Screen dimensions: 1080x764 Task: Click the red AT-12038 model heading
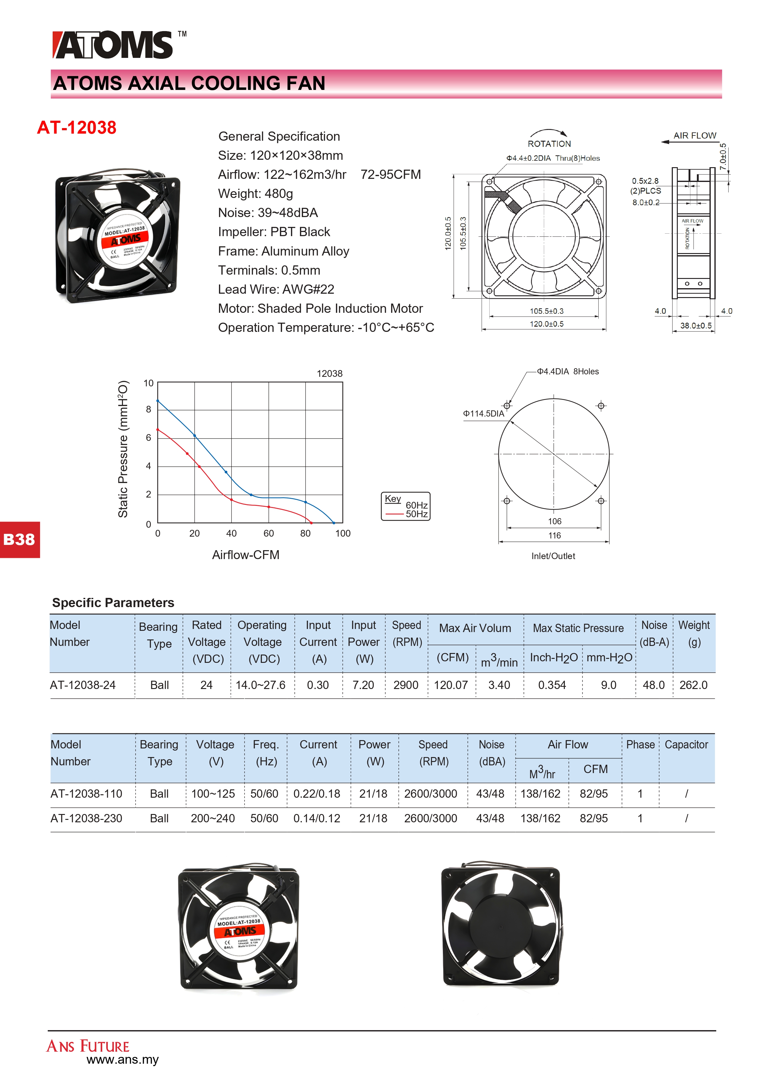point(77,127)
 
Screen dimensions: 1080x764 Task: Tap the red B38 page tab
point(19,539)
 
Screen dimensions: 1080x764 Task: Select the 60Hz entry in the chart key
point(416,505)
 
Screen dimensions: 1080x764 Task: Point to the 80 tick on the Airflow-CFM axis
point(305,534)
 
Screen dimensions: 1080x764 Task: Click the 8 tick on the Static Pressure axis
point(149,409)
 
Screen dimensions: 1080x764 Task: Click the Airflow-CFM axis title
point(245,555)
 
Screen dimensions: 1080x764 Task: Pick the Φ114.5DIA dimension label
point(483,413)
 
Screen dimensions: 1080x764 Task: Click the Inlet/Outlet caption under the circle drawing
point(553,556)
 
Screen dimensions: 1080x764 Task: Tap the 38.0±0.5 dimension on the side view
point(696,325)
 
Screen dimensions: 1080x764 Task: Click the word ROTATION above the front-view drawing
point(549,144)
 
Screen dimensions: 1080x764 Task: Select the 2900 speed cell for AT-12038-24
point(406,685)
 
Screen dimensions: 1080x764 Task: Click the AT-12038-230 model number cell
point(87,819)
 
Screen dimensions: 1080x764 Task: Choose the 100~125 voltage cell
point(213,794)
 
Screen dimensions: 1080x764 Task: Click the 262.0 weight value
point(693,685)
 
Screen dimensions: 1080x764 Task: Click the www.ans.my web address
point(123,1060)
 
